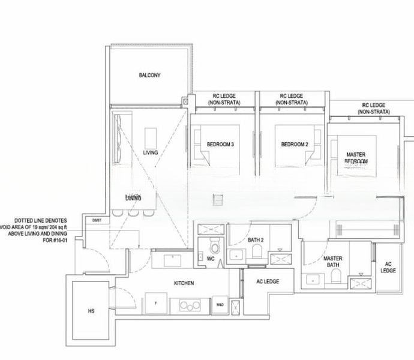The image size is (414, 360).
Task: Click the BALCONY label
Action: coord(149,76)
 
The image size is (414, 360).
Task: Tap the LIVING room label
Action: coord(151,153)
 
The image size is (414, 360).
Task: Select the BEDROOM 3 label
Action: coord(220,145)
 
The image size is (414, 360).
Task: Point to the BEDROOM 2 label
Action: coord(294,145)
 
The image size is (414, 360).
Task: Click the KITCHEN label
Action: coord(184,283)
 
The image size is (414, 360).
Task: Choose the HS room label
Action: coord(91,311)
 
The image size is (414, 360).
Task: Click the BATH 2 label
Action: coord(256,240)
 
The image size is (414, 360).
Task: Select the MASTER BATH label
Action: coord(333,262)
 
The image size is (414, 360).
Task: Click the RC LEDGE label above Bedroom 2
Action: coord(292,100)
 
